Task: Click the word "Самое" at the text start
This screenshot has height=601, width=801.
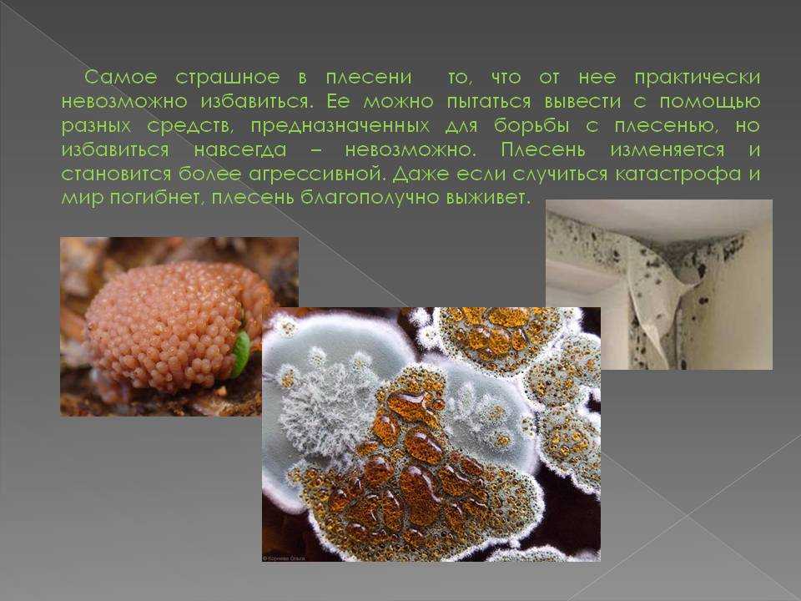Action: click(120, 77)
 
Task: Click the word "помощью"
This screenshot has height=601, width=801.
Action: click(709, 102)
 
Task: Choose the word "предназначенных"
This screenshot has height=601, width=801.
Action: click(340, 126)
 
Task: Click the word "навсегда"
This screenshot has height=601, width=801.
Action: click(240, 150)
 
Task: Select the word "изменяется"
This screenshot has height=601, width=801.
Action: click(667, 150)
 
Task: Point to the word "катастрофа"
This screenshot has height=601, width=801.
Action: click(678, 174)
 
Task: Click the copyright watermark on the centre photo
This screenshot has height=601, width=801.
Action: click(284, 558)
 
